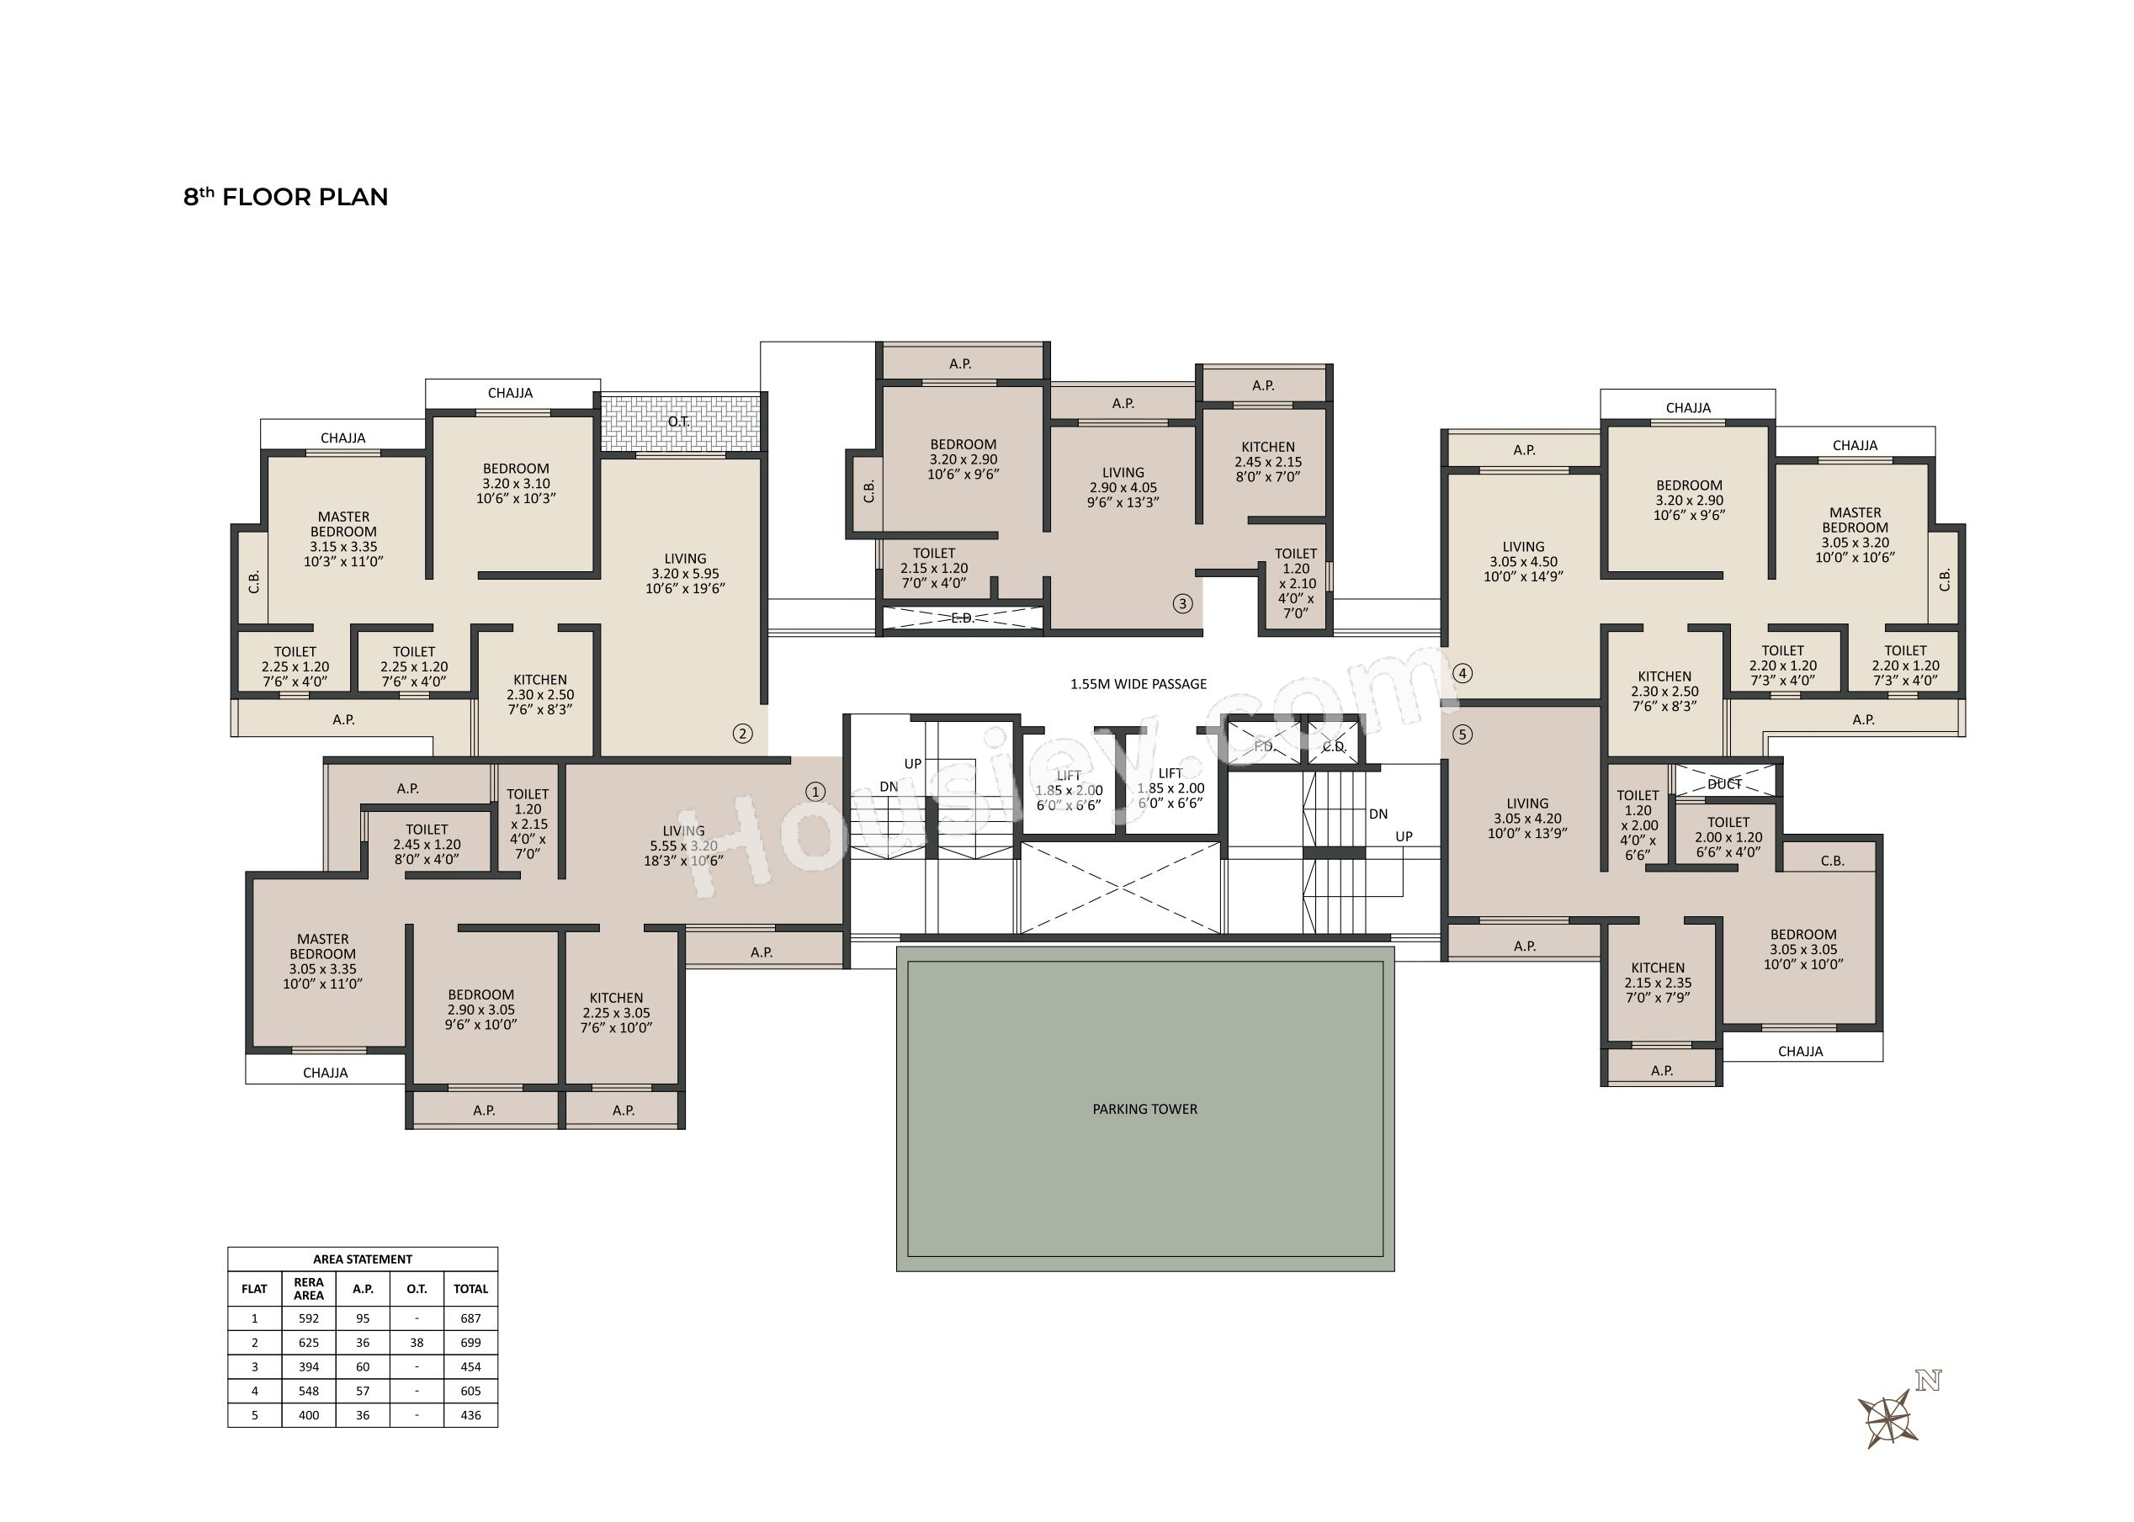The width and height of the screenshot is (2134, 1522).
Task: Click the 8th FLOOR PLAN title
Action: (286, 197)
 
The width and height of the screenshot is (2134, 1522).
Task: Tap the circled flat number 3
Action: (1181, 603)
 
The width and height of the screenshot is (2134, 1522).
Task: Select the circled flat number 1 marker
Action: (815, 792)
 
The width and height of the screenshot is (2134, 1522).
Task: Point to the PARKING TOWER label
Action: (1144, 1109)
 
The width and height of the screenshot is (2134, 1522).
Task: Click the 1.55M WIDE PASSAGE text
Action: (1139, 684)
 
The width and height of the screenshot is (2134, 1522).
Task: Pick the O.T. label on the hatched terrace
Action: (678, 422)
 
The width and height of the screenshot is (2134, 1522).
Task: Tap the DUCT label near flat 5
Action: (1724, 783)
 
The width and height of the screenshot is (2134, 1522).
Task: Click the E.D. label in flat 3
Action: (963, 618)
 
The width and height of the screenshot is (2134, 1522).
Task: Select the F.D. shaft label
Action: (1264, 746)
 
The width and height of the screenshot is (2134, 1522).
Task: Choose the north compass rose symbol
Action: (1888, 1418)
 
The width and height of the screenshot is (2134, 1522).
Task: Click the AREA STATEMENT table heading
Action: (363, 1259)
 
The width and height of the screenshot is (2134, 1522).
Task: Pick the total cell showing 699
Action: (470, 1342)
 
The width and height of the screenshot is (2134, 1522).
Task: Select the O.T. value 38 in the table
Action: (417, 1342)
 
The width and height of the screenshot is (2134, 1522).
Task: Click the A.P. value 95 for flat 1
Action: (363, 1318)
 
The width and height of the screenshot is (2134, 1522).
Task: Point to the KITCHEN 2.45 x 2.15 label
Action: (1268, 462)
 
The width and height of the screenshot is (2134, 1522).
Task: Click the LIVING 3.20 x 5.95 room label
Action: (685, 574)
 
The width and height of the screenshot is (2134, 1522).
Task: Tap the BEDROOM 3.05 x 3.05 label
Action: (1803, 949)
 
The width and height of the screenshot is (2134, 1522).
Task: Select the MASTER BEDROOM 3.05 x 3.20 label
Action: (1855, 535)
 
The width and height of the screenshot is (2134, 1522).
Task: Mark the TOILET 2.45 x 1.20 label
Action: (427, 845)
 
